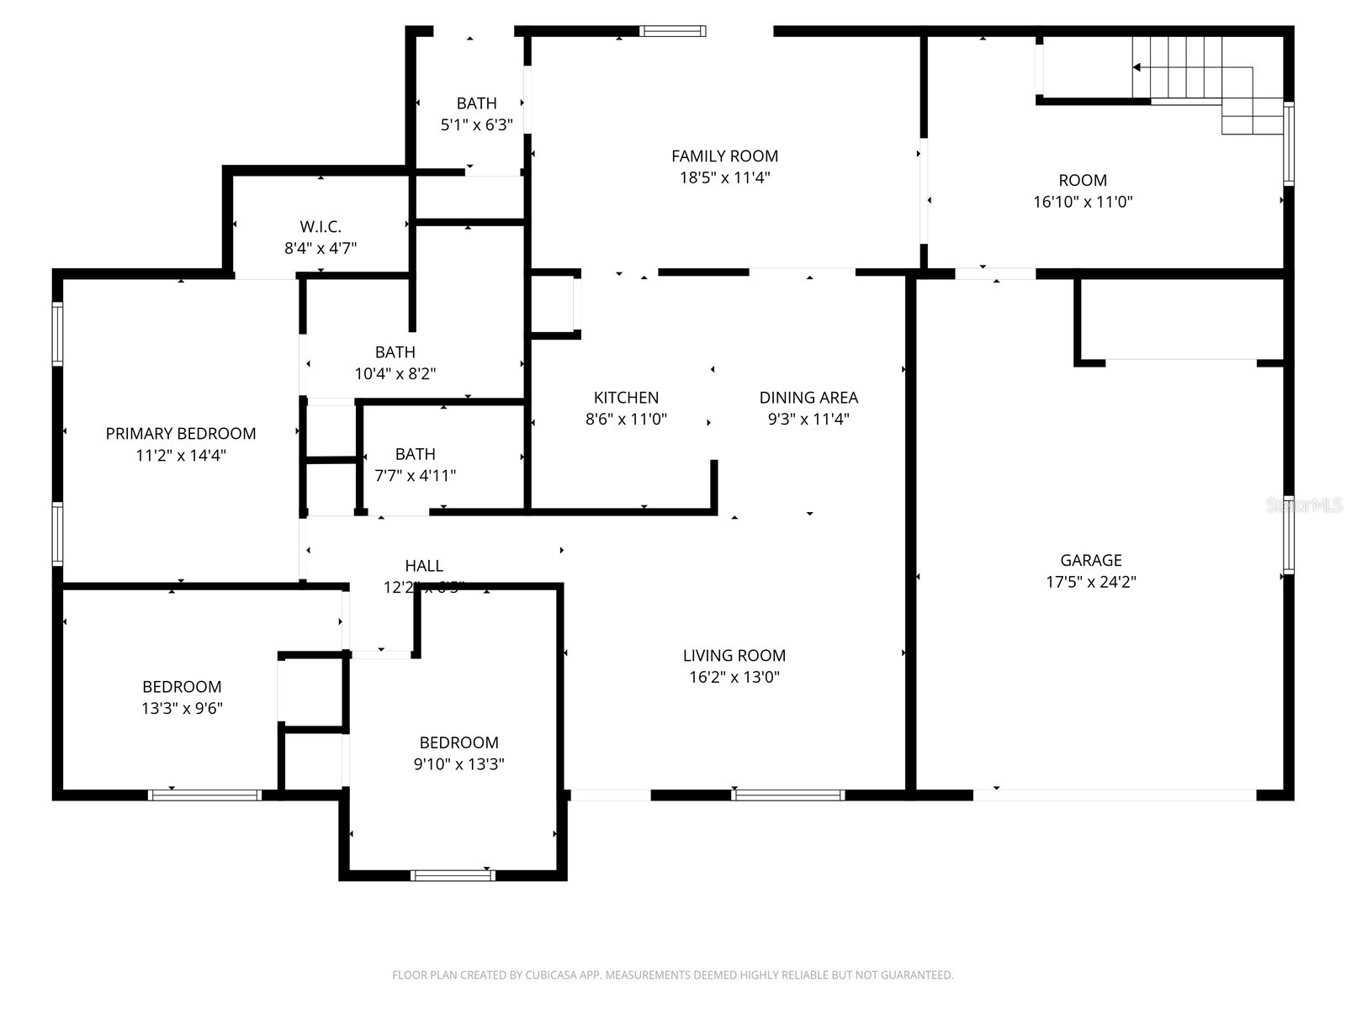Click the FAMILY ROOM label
coord(724,156)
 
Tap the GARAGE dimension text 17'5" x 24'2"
coord(1090,582)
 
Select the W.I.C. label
coord(321,226)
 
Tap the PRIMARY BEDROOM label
coord(181,433)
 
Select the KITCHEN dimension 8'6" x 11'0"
coord(626,419)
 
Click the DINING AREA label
coord(808,397)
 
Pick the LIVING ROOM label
coord(734,655)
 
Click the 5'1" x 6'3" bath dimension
coord(476,124)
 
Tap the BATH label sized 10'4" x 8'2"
coord(395,351)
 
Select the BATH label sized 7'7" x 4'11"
coord(415,454)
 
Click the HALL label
coord(423,565)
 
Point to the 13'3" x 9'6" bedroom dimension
coord(182,708)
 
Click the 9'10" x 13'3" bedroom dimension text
coord(458,764)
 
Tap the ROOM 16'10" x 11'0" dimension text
coord(1083,202)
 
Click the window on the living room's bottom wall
coord(788,795)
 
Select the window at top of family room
coord(672,31)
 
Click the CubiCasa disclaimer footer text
coord(672,975)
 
